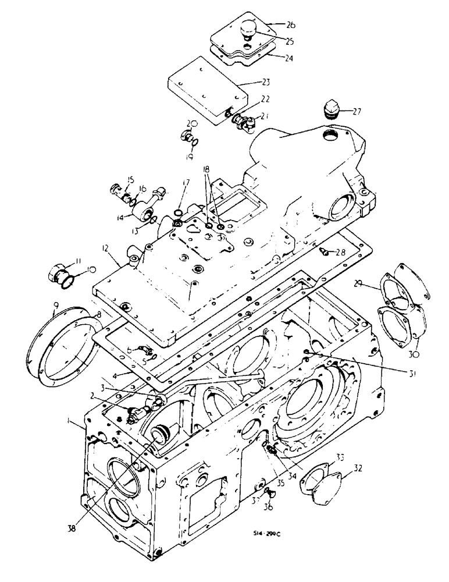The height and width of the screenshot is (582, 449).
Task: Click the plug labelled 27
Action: coord(330,111)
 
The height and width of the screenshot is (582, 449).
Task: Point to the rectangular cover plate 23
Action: coord(204,88)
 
